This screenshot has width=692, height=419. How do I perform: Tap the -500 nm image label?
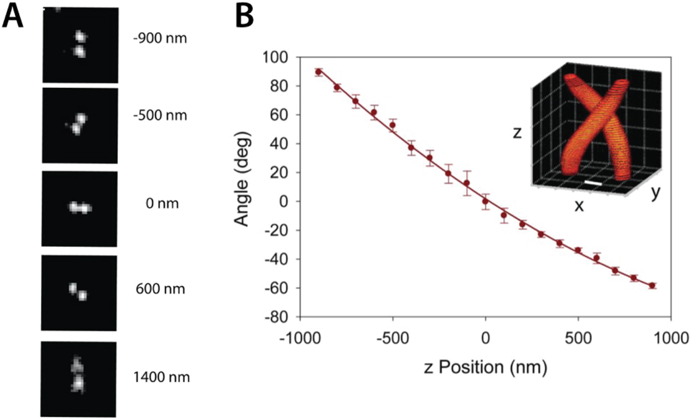(x=160, y=116)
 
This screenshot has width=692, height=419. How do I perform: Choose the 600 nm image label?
(x=160, y=289)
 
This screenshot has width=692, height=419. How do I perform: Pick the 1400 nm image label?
(x=161, y=376)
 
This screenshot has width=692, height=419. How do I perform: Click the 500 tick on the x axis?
(x=578, y=338)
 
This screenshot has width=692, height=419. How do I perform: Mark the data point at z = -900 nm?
(x=318, y=72)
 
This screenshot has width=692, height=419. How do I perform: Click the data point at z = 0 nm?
(x=485, y=201)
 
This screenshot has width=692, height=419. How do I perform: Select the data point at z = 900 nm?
(x=652, y=285)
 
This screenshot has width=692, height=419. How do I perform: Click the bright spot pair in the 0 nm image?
(x=80, y=208)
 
